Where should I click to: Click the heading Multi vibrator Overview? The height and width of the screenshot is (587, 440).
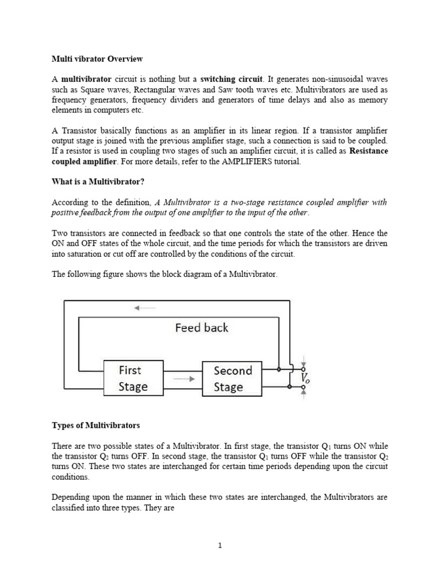pos(97,59)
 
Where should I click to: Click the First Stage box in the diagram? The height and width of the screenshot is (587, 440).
pos(133,378)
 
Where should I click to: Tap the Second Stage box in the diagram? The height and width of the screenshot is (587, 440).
pos(232,378)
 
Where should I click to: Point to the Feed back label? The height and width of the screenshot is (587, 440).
pos(201,328)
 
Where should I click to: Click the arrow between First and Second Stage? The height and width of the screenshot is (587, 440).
pos(183,379)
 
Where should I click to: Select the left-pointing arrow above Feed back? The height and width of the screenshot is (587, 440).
pos(144,308)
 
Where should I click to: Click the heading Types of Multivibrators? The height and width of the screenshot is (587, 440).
pos(96,426)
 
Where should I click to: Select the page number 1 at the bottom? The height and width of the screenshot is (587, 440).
pos(220,546)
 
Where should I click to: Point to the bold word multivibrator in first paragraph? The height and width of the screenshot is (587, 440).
pos(86,79)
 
